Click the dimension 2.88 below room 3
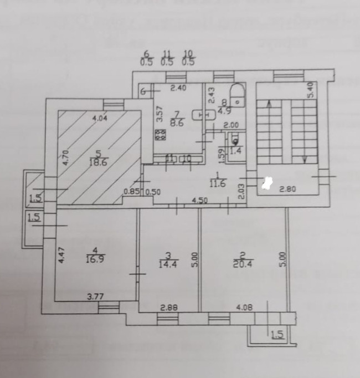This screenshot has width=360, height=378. click(x=167, y=306)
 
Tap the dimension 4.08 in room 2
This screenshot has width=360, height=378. click(x=244, y=306)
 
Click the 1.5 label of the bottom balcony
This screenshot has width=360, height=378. click(x=277, y=334)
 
